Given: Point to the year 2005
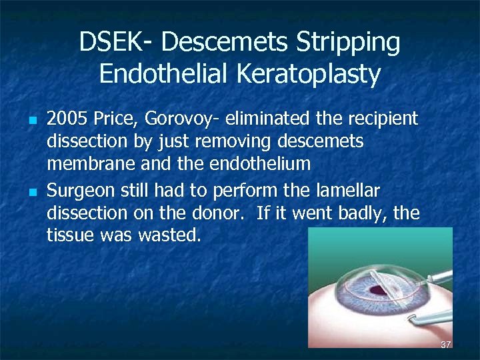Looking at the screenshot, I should pyautogui.click(x=67, y=119).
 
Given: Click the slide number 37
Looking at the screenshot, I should pyautogui.click(x=446, y=344).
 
